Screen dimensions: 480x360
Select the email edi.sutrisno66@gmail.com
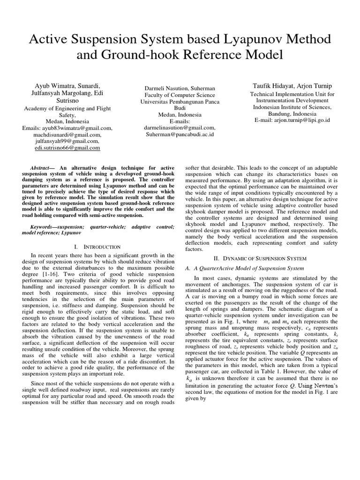pyautogui.click(x=67, y=148)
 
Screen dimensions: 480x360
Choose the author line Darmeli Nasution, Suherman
pyautogui.click(x=180, y=88)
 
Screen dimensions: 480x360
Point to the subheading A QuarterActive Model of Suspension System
pyautogui.click(x=245, y=268)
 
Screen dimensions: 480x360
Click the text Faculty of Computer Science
pyautogui.click(x=180, y=95)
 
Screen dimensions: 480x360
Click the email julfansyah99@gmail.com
pyautogui.click(x=67, y=141)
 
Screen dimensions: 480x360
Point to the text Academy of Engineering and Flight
pyautogui.click(x=67, y=108)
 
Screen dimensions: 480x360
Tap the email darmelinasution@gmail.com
pyautogui.click(x=180, y=127)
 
